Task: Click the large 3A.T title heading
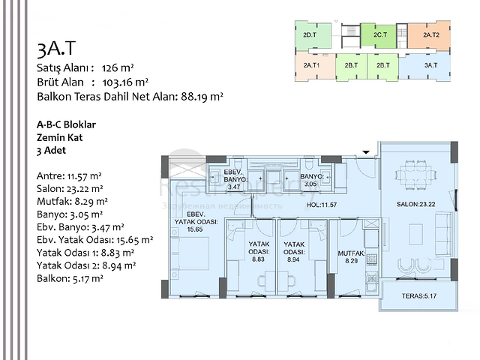56,49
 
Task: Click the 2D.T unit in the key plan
308,35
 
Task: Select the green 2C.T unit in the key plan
379,35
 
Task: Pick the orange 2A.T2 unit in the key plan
430,35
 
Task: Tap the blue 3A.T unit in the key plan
430,66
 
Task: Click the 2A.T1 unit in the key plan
312,66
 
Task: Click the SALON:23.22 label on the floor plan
417,204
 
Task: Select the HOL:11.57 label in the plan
322,204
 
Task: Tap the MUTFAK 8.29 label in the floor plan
350,257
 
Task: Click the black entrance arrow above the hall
366,152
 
